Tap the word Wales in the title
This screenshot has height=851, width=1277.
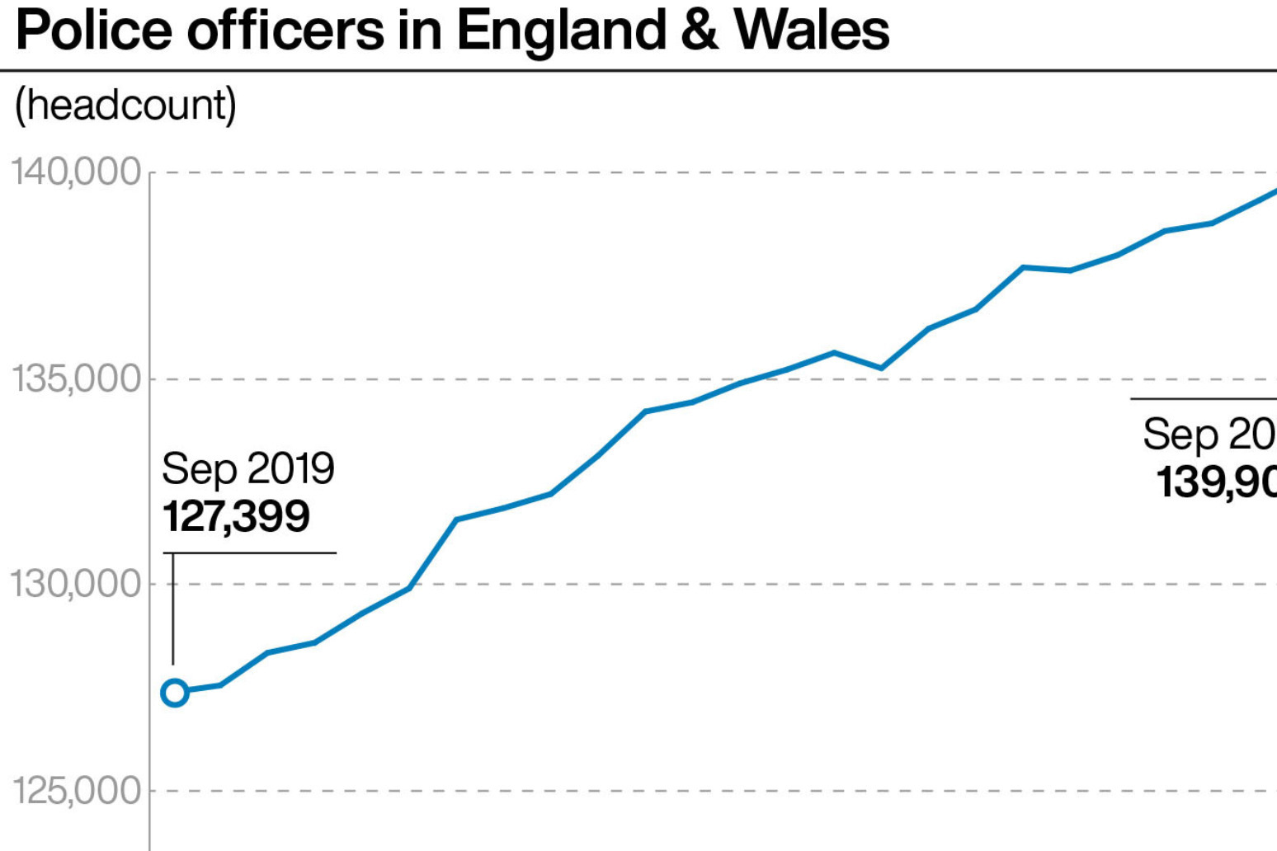tap(812, 31)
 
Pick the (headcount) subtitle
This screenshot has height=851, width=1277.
tap(125, 106)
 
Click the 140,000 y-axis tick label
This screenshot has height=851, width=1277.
tap(76, 172)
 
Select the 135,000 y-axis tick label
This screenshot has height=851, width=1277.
tap(76, 378)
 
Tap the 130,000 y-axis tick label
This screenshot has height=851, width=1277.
tap(76, 584)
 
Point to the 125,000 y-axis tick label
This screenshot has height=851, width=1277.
tap(76, 791)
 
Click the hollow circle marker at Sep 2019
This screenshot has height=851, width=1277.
tap(175, 693)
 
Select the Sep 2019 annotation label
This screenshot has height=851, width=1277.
tap(247, 468)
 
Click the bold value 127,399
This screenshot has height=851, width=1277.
tap(236, 516)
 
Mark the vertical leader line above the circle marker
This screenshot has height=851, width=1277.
tap(173, 609)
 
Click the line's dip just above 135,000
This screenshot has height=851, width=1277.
tap(881, 368)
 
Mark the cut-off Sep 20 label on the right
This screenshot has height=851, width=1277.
tap(1209, 434)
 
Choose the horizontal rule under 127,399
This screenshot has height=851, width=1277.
tap(249, 552)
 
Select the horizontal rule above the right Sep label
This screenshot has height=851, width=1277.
tap(1203, 399)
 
